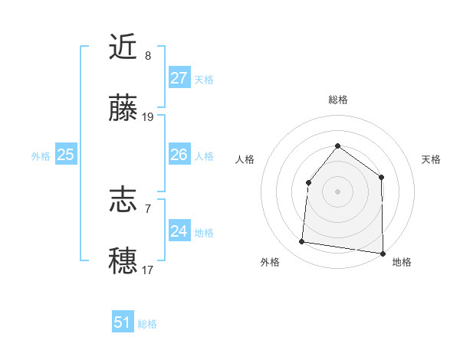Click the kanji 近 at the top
tap(124, 47)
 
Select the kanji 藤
tap(124, 110)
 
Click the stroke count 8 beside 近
tap(148, 56)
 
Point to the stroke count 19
tap(148, 117)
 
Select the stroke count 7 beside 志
tap(148, 208)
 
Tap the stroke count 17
tap(148, 270)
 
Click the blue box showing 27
tap(179, 78)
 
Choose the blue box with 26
tap(179, 155)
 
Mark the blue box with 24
tap(179, 231)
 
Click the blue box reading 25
tap(65, 155)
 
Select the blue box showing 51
tap(123, 322)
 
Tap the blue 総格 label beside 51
tap(147, 324)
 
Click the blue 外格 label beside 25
tap(41, 156)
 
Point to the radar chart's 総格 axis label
tap(337, 100)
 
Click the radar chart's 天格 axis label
tap(432, 159)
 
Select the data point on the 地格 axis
tap(383, 253)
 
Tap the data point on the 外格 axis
tap(302, 242)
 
